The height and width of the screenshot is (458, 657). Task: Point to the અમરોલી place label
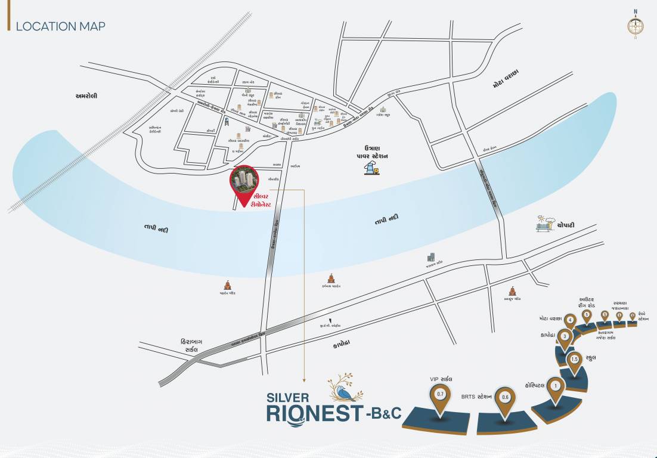[x=86, y=95]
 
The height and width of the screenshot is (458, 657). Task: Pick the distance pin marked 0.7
[x=441, y=395]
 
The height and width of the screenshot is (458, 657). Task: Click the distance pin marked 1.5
[x=575, y=360]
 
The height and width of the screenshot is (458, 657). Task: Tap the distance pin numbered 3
[x=564, y=337]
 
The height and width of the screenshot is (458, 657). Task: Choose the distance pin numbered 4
[x=571, y=321]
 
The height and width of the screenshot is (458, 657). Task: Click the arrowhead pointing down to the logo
[x=304, y=379]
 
